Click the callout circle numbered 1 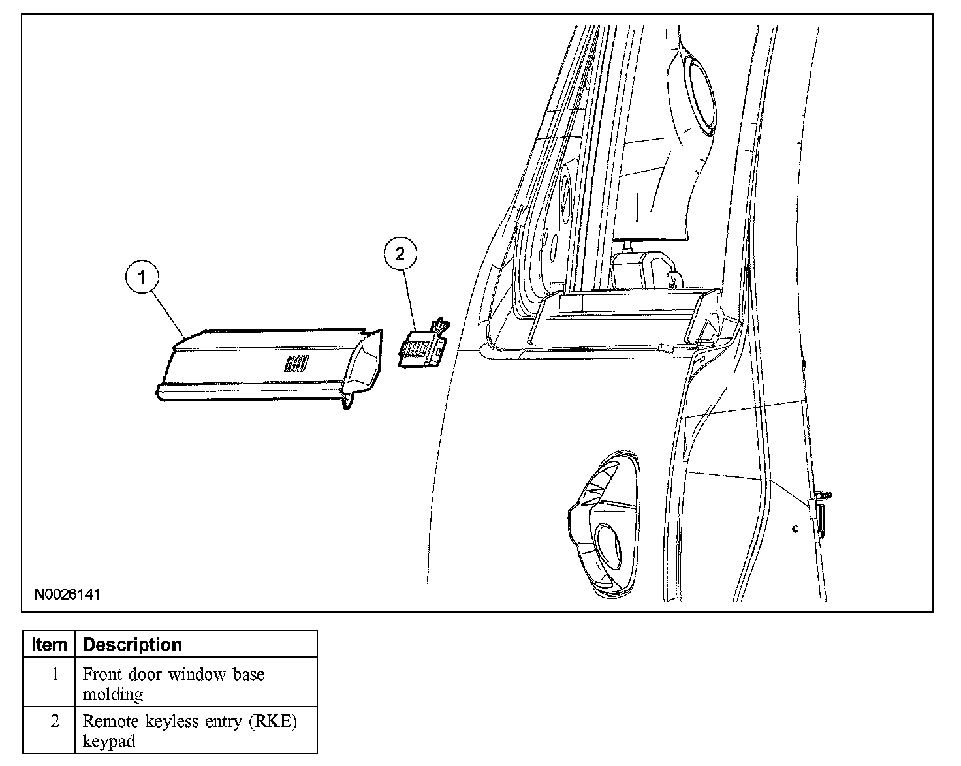[142, 278]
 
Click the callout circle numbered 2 [400, 254]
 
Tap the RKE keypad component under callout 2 [423, 349]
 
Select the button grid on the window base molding [296, 363]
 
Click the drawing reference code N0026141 [67, 594]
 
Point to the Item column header [49, 645]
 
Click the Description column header [133, 645]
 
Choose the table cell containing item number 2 [55, 722]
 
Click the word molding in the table [113, 694]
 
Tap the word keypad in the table [109, 742]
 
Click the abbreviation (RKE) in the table [274, 722]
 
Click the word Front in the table [102, 674]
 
